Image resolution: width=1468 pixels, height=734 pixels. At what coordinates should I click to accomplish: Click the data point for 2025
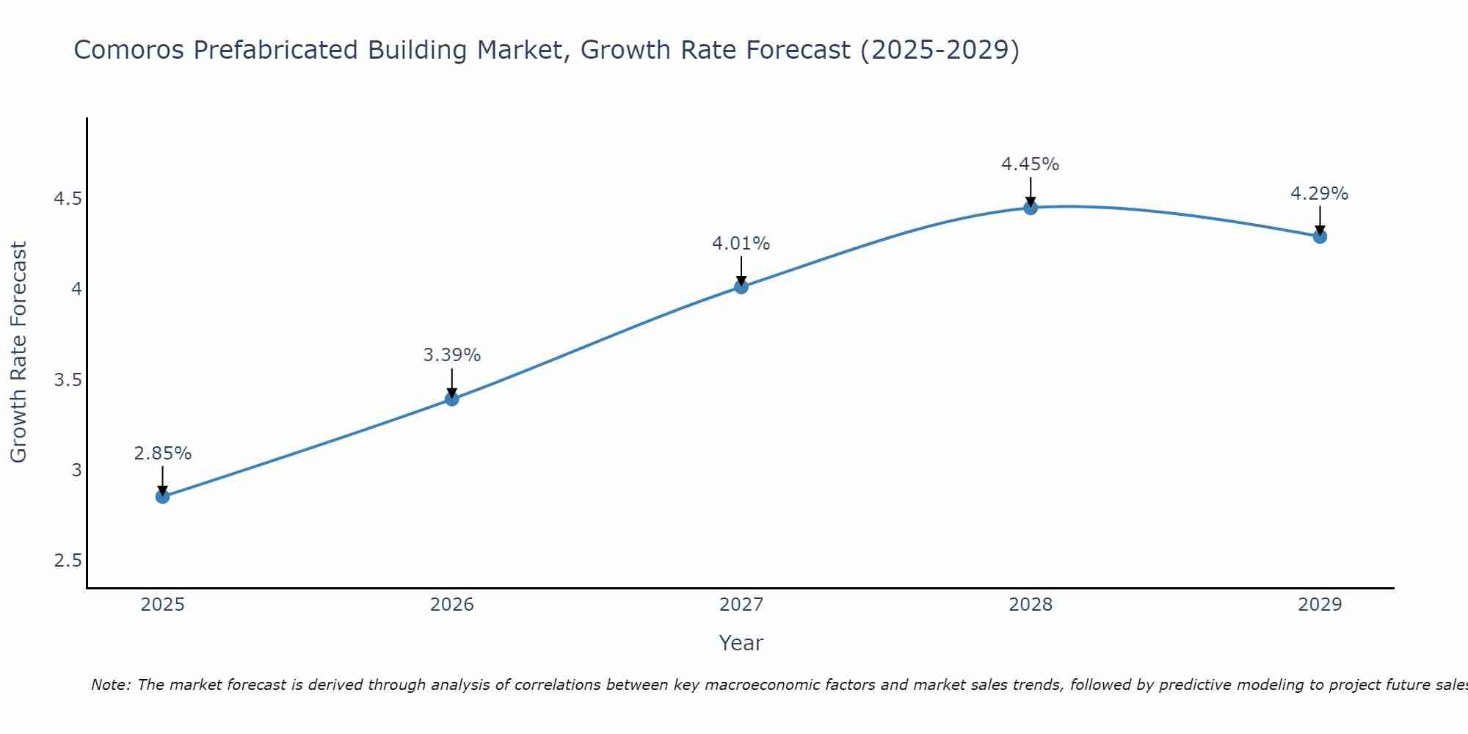[163, 497]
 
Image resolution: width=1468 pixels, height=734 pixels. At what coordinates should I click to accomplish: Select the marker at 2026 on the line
[452, 399]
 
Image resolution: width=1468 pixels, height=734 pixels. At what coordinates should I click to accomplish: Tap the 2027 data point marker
[741, 287]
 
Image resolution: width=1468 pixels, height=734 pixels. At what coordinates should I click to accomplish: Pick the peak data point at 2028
[1031, 208]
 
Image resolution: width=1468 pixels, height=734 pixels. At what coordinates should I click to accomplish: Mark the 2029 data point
[1320, 236]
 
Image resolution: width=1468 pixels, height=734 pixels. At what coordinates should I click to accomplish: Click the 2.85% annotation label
[163, 454]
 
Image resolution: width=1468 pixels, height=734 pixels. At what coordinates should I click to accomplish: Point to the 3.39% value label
[452, 355]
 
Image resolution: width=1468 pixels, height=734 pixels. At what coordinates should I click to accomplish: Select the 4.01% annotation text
[741, 244]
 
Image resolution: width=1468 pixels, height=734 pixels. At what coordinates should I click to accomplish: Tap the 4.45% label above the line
[1031, 164]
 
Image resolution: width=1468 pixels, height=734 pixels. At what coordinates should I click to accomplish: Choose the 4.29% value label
[1320, 194]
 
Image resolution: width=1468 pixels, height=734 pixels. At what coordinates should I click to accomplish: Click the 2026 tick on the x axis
[452, 605]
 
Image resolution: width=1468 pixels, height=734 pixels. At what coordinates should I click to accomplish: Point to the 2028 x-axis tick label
[1031, 605]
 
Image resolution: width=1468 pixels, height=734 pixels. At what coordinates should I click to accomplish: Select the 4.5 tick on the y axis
[68, 199]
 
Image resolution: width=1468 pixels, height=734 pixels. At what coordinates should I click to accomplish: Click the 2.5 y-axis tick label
[68, 561]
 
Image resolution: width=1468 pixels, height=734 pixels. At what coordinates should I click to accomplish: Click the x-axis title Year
[741, 643]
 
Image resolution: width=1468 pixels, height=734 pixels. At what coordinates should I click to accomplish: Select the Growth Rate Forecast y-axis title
[19, 352]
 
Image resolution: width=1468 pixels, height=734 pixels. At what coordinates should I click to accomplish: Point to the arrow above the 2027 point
[741, 270]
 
